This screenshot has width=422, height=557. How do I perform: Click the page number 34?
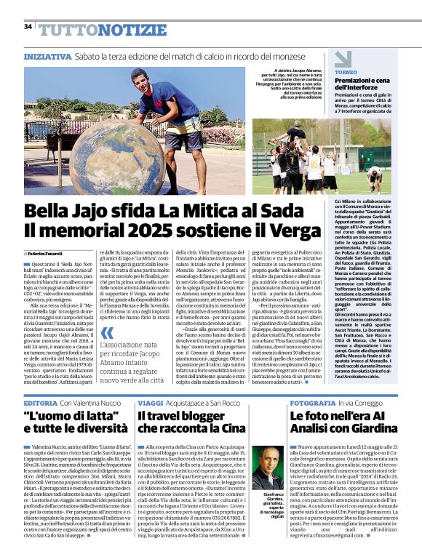coord(28,27)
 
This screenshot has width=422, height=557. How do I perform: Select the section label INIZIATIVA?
coord(47,56)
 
